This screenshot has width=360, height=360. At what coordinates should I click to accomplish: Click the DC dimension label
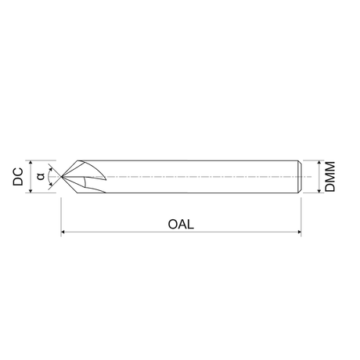point(18,177)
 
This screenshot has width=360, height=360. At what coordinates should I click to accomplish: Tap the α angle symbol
point(41,176)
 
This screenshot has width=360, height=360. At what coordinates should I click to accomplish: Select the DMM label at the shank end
point(329,177)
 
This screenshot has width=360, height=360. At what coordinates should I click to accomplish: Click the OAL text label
point(181,224)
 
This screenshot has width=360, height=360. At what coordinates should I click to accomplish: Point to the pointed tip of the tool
point(61,177)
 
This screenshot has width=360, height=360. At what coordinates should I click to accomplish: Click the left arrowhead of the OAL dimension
point(63,232)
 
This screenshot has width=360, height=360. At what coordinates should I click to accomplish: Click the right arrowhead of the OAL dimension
point(300,232)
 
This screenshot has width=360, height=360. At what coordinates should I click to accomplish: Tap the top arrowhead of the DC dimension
point(31,162)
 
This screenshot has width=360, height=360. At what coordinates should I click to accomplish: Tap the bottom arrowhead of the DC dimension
point(31,191)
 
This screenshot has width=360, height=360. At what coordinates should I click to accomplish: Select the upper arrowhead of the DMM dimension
point(319,162)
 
